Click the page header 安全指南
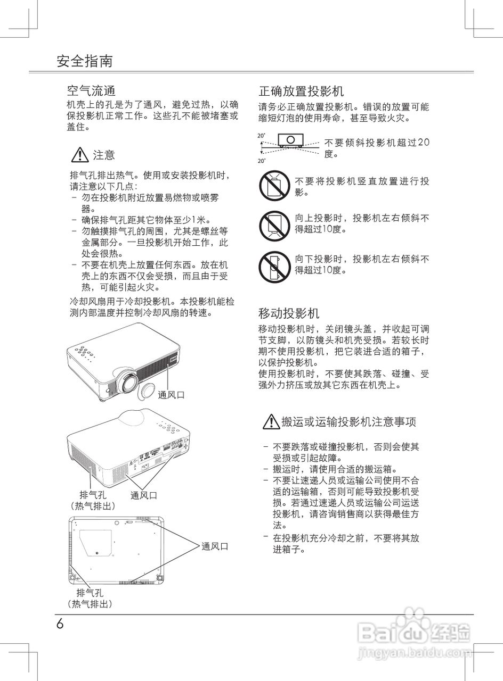pyautogui.click(x=85, y=61)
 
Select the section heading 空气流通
pyautogui.click(x=91, y=90)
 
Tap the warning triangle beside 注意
pyautogui.click(x=79, y=155)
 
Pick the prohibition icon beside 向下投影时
pyautogui.click(x=274, y=266)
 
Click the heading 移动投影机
pyautogui.click(x=289, y=312)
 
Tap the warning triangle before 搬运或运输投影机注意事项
pyautogui.click(x=271, y=422)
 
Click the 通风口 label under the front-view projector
pyautogui.click(x=171, y=395)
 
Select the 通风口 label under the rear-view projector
pyautogui.click(x=144, y=495)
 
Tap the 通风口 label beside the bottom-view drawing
pyautogui.click(x=215, y=546)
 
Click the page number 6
pyautogui.click(x=60, y=624)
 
